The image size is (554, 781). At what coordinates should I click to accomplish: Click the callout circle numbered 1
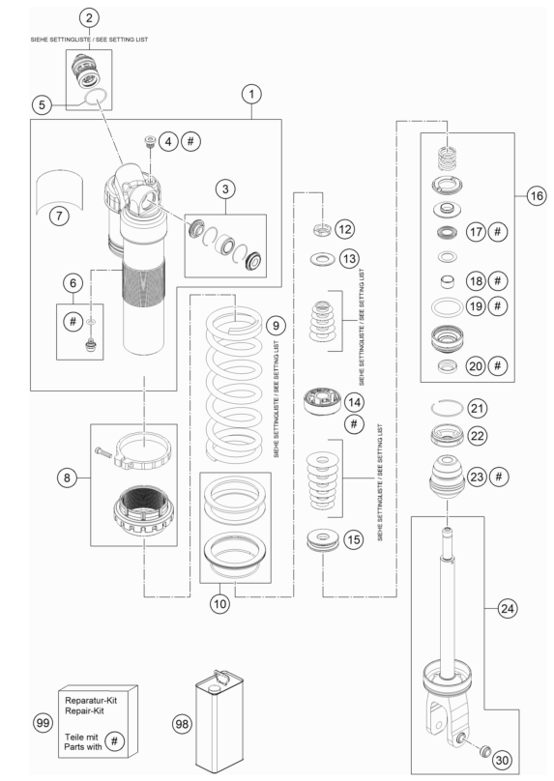(x=251, y=94)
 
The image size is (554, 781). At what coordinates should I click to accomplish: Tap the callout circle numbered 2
(x=89, y=18)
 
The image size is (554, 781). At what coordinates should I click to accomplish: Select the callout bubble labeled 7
(x=59, y=216)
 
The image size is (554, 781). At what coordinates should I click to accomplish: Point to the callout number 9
(x=276, y=325)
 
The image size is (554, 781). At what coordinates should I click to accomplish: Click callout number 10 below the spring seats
(x=219, y=604)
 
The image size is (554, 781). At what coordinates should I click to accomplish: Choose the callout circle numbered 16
(x=537, y=196)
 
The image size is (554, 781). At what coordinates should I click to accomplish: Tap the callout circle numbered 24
(x=508, y=608)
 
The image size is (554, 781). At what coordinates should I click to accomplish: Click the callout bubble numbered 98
(x=183, y=723)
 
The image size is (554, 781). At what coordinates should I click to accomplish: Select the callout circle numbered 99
(x=43, y=722)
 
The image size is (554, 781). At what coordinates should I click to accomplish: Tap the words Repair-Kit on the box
(x=84, y=710)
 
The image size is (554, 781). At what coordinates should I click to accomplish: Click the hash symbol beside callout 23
(x=498, y=477)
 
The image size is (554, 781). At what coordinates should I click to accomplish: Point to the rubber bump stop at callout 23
(x=447, y=477)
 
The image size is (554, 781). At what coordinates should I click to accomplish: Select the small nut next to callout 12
(x=323, y=230)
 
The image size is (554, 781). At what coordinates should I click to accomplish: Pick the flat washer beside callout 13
(x=322, y=259)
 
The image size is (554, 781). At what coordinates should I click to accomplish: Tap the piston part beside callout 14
(x=323, y=401)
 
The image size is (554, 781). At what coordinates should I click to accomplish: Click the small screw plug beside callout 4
(x=149, y=140)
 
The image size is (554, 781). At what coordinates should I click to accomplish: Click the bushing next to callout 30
(x=484, y=751)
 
